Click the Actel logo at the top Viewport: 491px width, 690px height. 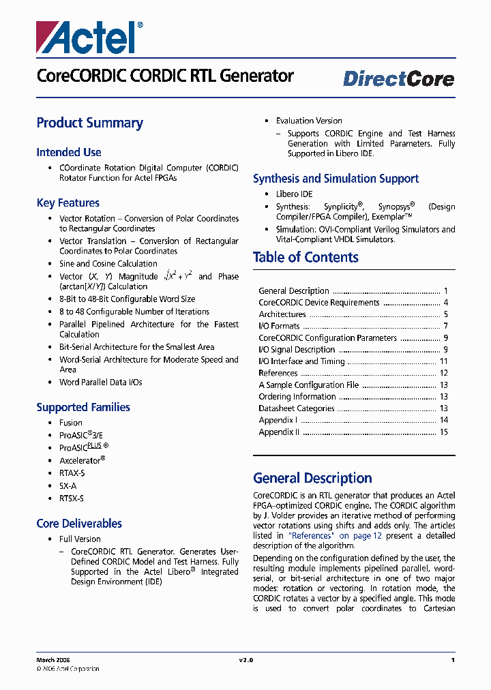[89, 36]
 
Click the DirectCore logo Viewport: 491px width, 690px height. [398, 79]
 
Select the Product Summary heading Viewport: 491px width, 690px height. [89, 123]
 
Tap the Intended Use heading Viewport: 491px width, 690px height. [69, 153]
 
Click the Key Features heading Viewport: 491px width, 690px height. [68, 203]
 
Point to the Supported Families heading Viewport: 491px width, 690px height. [83, 408]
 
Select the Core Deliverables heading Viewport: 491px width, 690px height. [79, 524]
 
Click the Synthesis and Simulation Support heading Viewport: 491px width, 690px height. [336, 179]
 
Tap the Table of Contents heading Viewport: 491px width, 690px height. [306, 258]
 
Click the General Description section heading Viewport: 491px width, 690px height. [312, 478]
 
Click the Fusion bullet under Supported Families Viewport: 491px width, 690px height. [71, 423]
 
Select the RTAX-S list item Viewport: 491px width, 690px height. [72, 473]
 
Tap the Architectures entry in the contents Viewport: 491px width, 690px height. [282, 314]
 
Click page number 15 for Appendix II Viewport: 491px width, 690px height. [443, 432]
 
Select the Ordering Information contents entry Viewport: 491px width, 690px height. [297, 397]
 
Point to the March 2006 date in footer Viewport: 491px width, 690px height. [53, 660]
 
